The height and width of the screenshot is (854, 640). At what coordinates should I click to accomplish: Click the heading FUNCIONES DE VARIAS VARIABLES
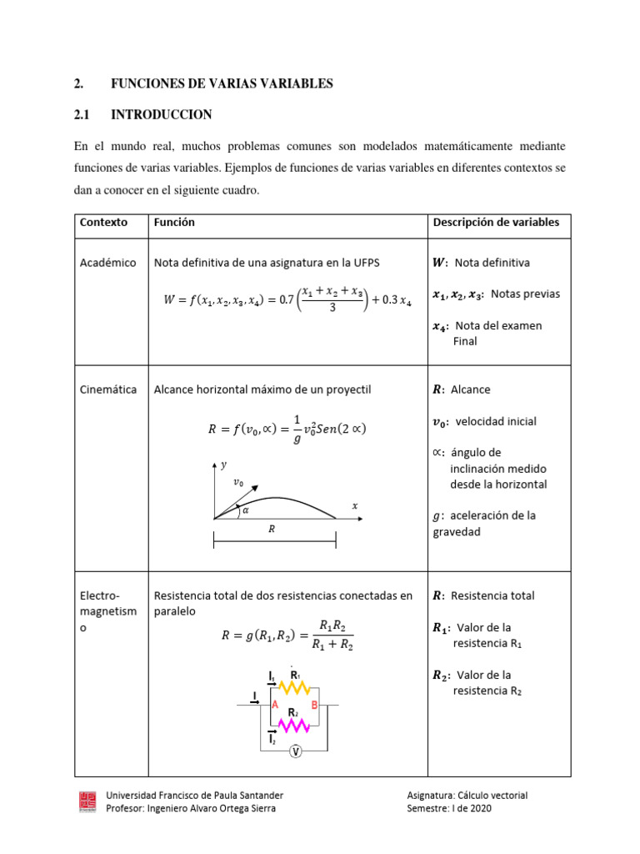coord(222,83)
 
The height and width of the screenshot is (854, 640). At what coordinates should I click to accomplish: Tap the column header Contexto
coord(103,223)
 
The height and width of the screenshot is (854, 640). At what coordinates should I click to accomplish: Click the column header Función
coord(174,223)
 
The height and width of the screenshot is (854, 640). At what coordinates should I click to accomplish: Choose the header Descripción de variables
coord(496,223)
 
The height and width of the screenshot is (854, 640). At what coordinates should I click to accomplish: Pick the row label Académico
coord(107,263)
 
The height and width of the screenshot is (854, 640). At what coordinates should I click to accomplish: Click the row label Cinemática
coord(108,389)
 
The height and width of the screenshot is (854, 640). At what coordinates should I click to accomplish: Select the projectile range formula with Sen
coord(286,430)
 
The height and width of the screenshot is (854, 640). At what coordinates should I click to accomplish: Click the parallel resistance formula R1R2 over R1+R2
coord(287,633)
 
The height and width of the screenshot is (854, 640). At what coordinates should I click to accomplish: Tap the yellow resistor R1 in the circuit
coord(293,688)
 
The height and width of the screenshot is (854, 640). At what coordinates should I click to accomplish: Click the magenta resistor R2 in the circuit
coord(293,726)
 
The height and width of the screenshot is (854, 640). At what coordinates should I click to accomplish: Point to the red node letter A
coord(274,706)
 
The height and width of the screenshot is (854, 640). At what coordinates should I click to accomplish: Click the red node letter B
coord(314,706)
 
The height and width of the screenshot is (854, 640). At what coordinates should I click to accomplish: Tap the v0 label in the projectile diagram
coord(238,482)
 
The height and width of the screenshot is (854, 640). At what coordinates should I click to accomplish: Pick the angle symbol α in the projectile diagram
coord(245,510)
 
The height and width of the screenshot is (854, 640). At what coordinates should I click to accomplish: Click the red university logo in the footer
coord(86,801)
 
